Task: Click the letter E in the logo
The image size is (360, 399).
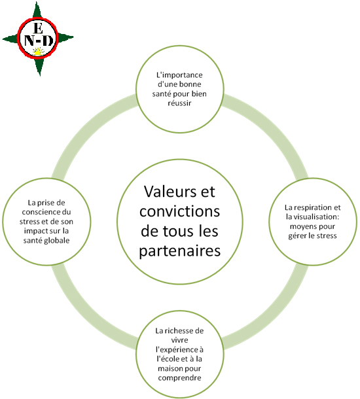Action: [x=38, y=28]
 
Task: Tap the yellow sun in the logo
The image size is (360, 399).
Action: [x=39, y=52]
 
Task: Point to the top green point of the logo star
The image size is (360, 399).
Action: [x=37, y=12]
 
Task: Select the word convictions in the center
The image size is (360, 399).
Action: [x=180, y=211]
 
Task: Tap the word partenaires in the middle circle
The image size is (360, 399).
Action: [x=180, y=251]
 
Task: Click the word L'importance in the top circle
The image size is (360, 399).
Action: [x=179, y=75]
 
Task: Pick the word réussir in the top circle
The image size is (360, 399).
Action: [x=179, y=103]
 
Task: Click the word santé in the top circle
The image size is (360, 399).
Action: [x=162, y=94]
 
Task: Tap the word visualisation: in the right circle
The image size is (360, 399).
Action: [x=317, y=217]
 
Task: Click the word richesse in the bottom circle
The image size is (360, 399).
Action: [x=179, y=331]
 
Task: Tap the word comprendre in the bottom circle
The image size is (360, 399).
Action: [x=179, y=378]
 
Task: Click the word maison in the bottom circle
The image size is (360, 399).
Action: [x=170, y=369]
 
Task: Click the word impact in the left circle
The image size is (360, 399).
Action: [x=36, y=231]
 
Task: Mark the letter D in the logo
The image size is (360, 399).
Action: [x=48, y=41]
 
